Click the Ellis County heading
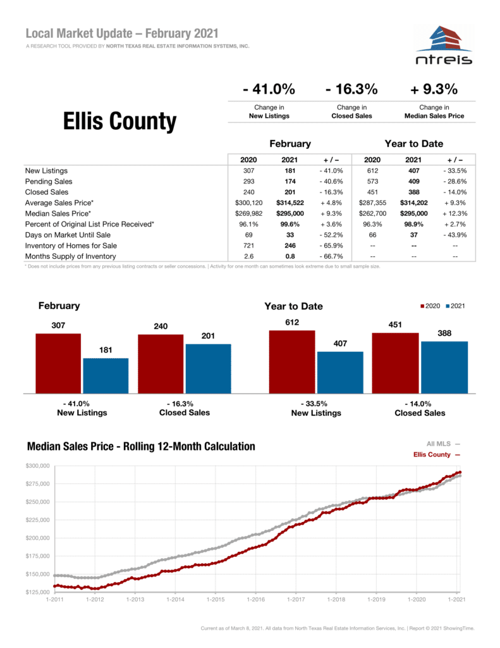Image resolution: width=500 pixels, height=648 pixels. pyautogui.click(x=119, y=121)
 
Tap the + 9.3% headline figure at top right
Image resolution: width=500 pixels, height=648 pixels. pyautogui.click(x=434, y=89)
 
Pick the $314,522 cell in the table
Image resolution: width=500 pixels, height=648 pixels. pyautogui.click(x=290, y=202)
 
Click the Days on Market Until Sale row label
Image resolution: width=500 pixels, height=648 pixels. pyautogui.click(x=68, y=235)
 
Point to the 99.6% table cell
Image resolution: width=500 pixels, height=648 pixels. pyautogui.click(x=290, y=224)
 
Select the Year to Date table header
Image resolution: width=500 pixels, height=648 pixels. pyautogui.click(x=413, y=144)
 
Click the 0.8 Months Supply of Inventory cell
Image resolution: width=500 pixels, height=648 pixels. pyautogui.click(x=290, y=256)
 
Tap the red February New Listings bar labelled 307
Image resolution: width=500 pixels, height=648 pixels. pyautogui.click(x=58, y=363)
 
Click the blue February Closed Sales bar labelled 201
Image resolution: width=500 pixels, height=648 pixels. pyautogui.click(x=208, y=368)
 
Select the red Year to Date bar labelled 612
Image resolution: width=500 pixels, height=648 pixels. pyautogui.click(x=291, y=361)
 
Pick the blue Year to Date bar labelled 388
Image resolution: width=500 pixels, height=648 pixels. pyautogui.click(x=444, y=366)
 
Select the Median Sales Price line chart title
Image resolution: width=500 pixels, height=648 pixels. pyautogui.click(x=141, y=447)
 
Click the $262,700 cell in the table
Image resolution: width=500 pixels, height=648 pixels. pyautogui.click(x=372, y=213)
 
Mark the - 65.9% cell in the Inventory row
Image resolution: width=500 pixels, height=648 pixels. pyautogui.click(x=331, y=246)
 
